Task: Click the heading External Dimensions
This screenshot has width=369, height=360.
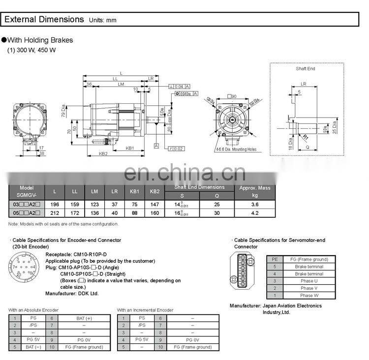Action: click(x=44, y=20)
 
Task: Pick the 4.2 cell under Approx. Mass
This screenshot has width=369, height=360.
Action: click(x=255, y=213)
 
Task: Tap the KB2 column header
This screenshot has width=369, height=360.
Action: click(x=154, y=191)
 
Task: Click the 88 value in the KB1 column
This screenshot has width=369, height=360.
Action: click(x=135, y=213)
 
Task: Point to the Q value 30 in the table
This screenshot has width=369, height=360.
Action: click(x=217, y=213)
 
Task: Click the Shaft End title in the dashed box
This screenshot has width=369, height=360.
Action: click(x=305, y=68)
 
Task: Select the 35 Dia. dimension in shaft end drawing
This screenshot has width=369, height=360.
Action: click(x=335, y=127)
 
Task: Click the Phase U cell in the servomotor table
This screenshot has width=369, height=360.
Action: click(x=308, y=281)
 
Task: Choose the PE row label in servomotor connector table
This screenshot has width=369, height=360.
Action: click(x=275, y=259)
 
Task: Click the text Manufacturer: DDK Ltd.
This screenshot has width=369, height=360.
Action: click(x=72, y=293)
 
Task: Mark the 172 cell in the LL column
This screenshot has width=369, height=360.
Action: click(x=74, y=213)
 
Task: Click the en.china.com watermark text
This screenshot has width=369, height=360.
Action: click(x=184, y=173)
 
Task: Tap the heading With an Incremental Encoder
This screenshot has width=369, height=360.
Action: click(x=145, y=310)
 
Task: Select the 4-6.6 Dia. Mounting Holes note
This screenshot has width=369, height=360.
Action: click(x=236, y=149)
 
